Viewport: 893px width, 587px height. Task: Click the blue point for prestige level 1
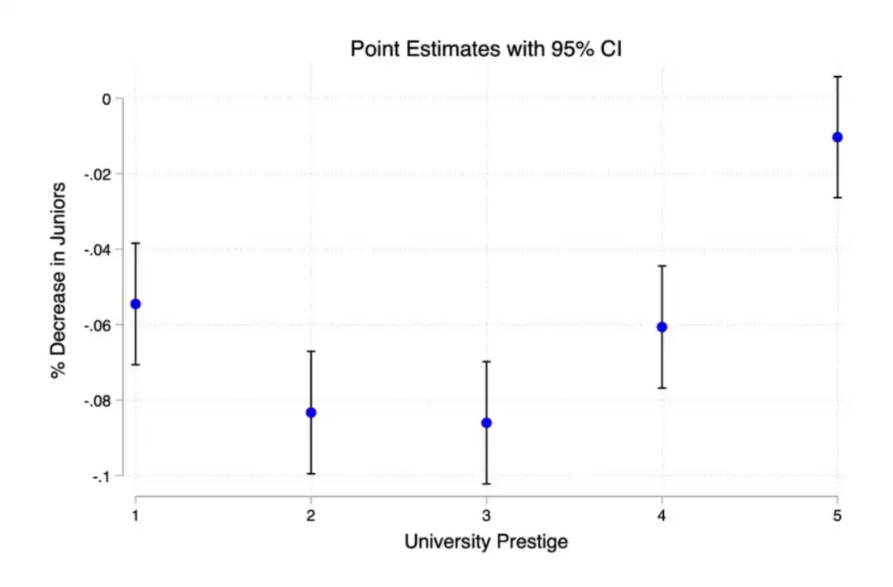click(x=136, y=303)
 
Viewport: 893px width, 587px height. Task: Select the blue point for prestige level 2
click(x=311, y=413)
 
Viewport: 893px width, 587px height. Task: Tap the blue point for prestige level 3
click(x=486, y=422)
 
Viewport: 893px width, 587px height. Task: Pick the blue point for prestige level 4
click(x=661, y=327)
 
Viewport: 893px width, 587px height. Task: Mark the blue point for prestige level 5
click(x=837, y=137)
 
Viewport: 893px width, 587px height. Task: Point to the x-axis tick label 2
click(x=311, y=515)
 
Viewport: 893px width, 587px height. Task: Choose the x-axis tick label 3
click(x=486, y=515)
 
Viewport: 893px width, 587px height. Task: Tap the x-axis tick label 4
click(x=661, y=515)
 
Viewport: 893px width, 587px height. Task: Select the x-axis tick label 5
click(x=837, y=515)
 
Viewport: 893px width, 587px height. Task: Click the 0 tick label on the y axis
click(x=106, y=98)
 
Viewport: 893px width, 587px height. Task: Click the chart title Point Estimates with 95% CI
click(x=486, y=49)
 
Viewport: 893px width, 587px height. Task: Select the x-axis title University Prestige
click(x=486, y=542)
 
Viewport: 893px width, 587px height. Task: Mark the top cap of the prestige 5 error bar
click(x=837, y=76)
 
